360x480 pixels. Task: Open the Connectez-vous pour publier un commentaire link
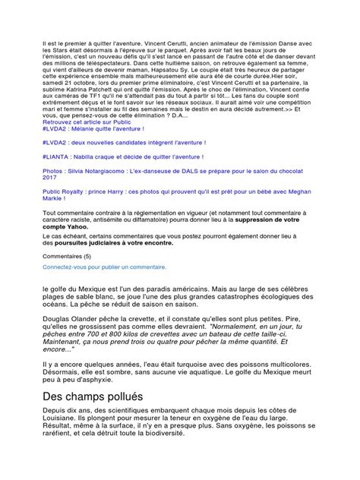[105, 268]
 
